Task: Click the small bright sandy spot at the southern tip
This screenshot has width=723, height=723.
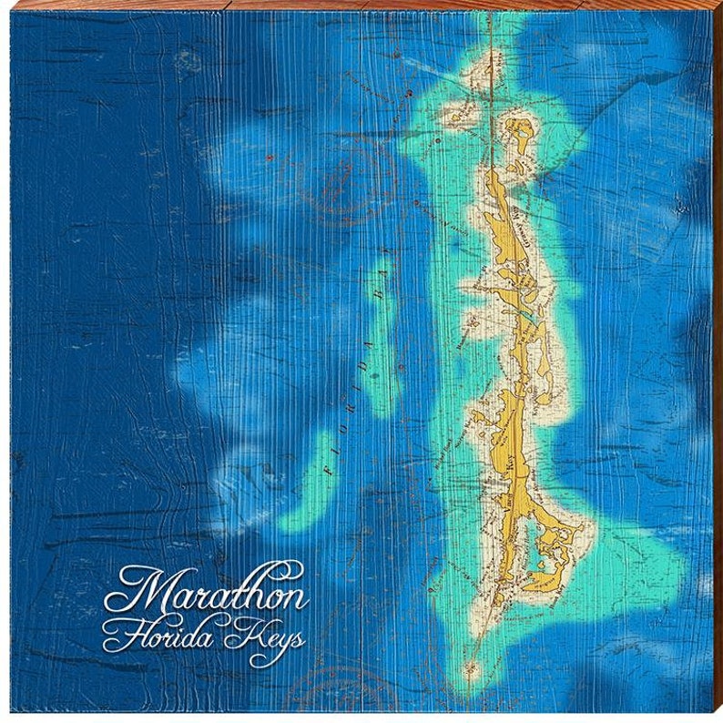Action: click(471, 669)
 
